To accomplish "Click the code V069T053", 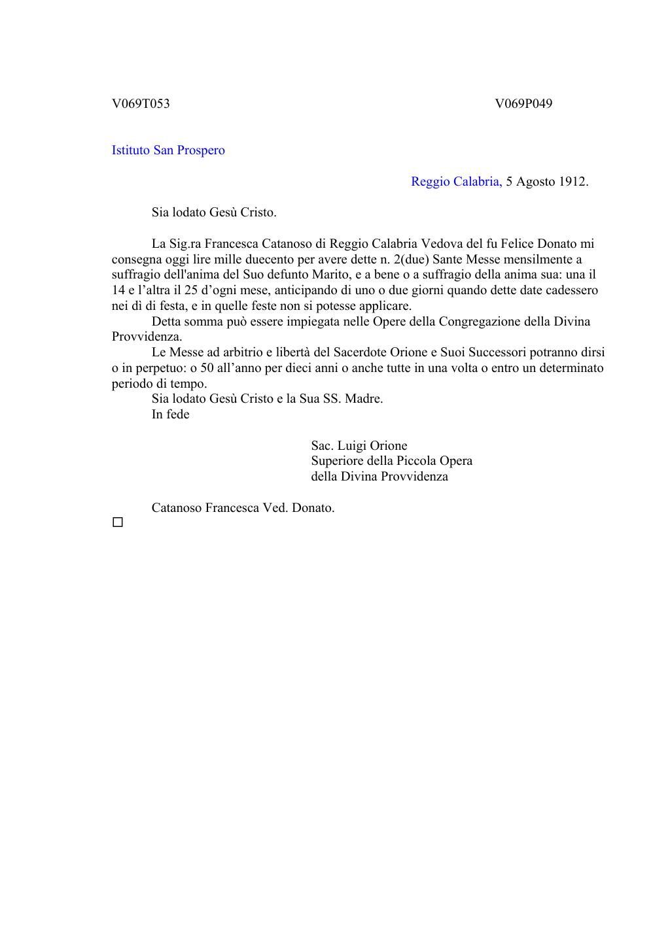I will click(141, 103).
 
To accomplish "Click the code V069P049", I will click(523, 103).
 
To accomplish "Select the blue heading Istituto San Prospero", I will click(168, 150).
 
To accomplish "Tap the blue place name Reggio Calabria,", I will click(456, 182).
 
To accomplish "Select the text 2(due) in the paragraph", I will click(411, 260).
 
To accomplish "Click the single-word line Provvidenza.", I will click(147, 337).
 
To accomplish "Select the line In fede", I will click(170, 415).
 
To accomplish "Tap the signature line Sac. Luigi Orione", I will click(359, 446).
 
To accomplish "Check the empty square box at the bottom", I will click(118, 522).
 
